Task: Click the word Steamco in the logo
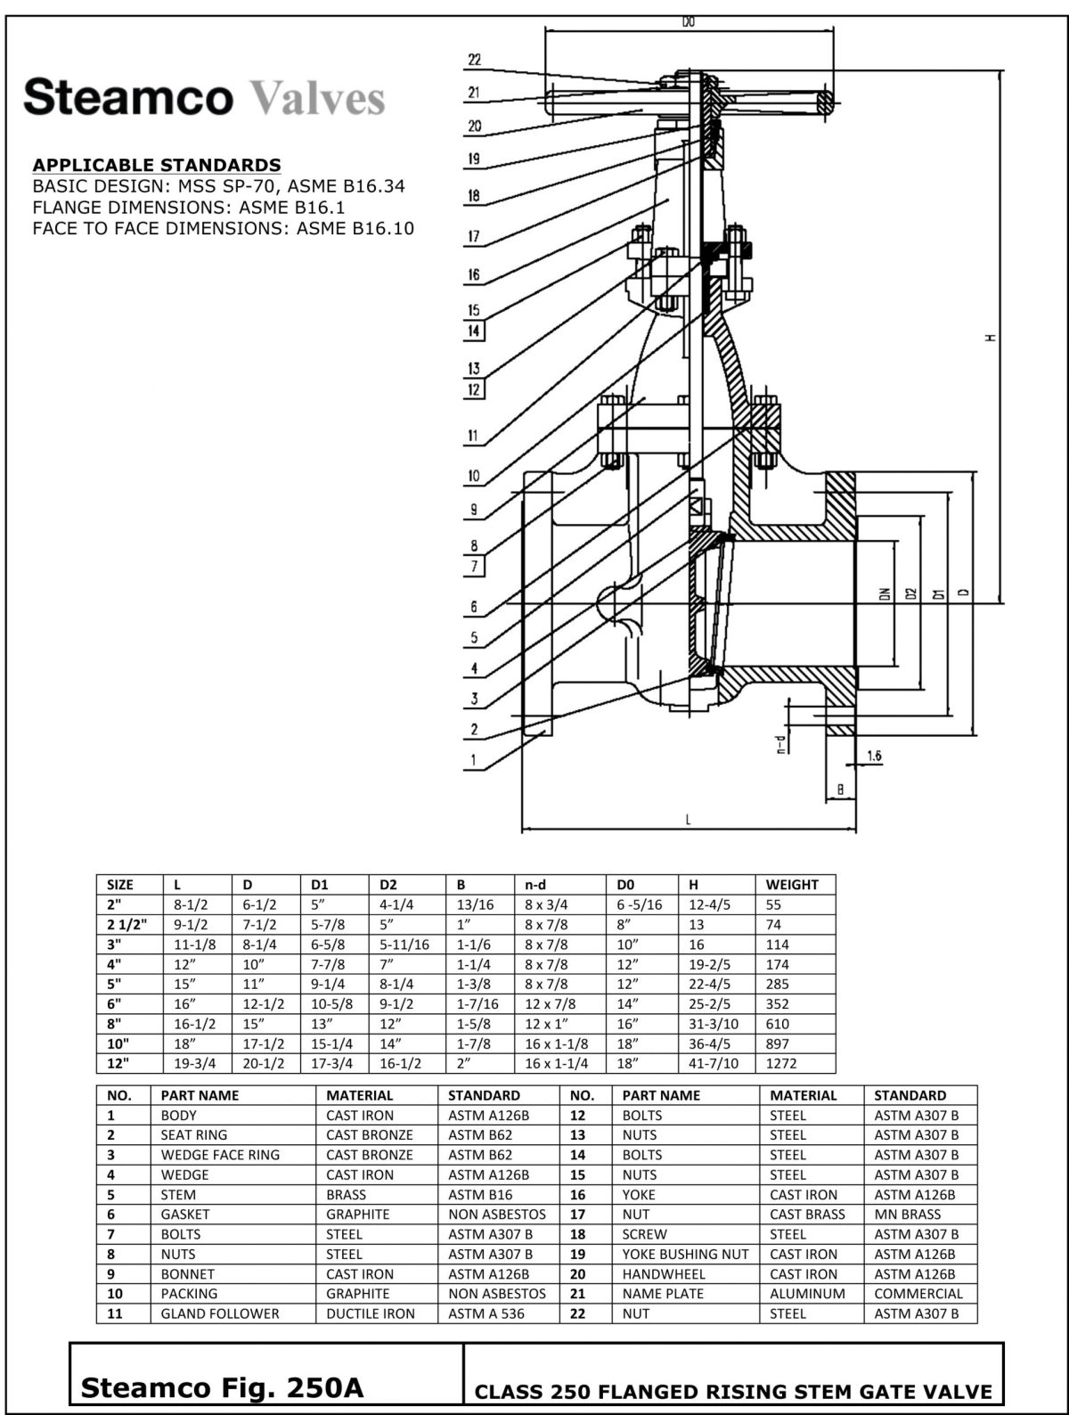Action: click(x=128, y=96)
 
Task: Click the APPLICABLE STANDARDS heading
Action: click(x=157, y=165)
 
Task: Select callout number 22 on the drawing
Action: click(x=474, y=60)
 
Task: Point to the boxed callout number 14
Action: click(x=474, y=331)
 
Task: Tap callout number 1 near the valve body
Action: click(x=474, y=761)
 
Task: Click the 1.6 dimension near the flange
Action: click(x=873, y=756)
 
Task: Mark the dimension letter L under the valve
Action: click(x=688, y=821)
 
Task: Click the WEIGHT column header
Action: click(x=791, y=885)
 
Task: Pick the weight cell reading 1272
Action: click(x=780, y=1063)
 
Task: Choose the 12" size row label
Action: click(x=118, y=1063)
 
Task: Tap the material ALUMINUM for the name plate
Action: click(x=807, y=1293)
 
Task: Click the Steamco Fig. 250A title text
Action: click(x=222, y=1387)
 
